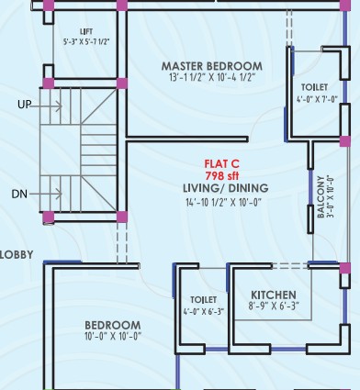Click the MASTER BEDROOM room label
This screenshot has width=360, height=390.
[x=212, y=66]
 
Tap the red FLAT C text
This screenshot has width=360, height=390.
[x=221, y=164]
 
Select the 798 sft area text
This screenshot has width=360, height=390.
[x=222, y=176]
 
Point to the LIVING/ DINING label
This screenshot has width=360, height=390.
[x=226, y=188]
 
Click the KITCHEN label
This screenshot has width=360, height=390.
[x=274, y=295]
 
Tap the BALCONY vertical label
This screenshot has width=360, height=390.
[x=321, y=196]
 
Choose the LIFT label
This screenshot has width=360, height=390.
[x=86, y=32]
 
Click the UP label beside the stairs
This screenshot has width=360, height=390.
[x=25, y=105]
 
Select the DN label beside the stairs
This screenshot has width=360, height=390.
[x=19, y=194]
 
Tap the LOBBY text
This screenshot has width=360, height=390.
[x=17, y=255]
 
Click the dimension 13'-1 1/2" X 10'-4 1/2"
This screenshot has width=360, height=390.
[x=212, y=77]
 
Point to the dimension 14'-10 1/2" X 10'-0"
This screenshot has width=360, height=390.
[x=224, y=202]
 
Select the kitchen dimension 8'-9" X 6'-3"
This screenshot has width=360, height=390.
[x=274, y=306]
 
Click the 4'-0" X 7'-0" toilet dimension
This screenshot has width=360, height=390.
[x=317, y=99]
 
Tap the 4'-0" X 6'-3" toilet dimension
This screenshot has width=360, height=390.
[x=204, y=312]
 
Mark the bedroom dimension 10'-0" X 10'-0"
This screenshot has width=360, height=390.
[x=113, y=336]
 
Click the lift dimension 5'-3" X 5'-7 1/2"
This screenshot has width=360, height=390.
[x=86, y=42]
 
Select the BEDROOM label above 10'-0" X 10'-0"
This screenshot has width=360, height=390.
[x=113, y=325]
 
